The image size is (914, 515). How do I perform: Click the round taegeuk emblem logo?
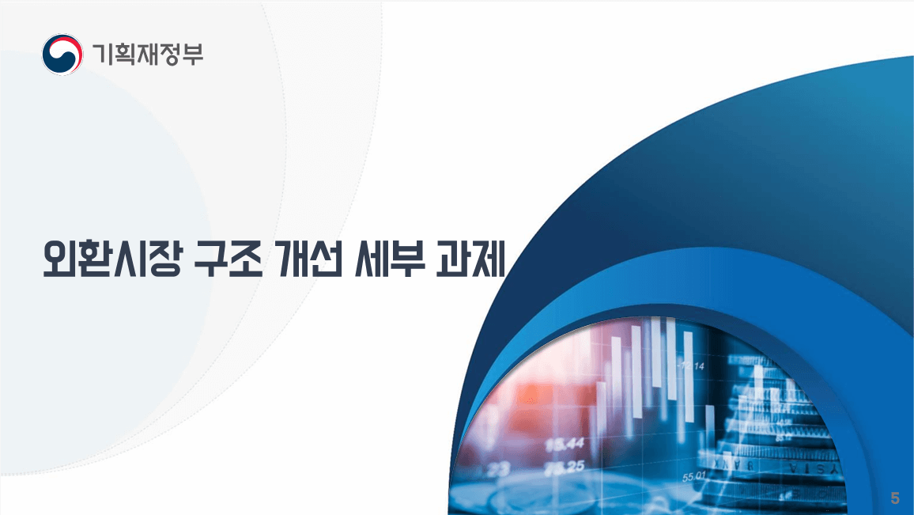click(x=62, y=54)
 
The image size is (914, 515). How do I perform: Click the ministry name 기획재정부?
click(x=147, y=54)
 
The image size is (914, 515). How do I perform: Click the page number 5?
click(x=895, y=498)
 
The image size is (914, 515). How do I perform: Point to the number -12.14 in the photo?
click(x=690, y=366)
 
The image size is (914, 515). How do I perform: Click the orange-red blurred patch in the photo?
click(x=526, y=396)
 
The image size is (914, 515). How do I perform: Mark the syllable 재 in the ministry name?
click(x=148, y=54)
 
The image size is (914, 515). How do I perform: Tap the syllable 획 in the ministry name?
click(x=125, y=54)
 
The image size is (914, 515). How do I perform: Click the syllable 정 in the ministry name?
click(x=170, y=54)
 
